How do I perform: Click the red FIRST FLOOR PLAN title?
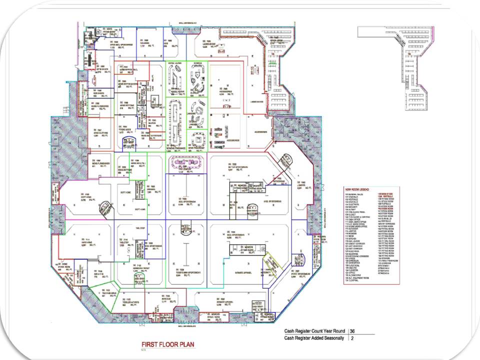pyautogui.click(x=167, y=344)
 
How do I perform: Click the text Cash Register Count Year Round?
pyautogui.click(x=314, y=331)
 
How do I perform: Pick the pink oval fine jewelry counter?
pyautogui.click(x=186, y=162)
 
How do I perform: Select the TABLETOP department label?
pyautogui.click(x=124, y=243)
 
